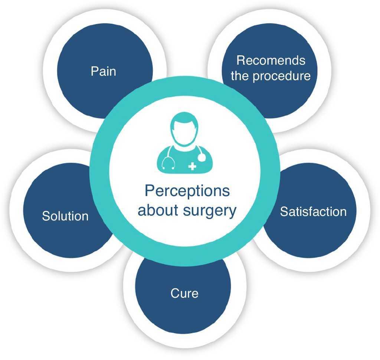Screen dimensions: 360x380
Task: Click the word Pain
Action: click(x=104, y=71)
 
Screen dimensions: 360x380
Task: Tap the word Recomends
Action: click(x=271, y=60)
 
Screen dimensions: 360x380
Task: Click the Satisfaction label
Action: click(x=313, y=211)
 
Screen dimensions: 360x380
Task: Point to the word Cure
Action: click(x=184, y=293)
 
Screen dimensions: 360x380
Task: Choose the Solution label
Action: click(x=65, y=216)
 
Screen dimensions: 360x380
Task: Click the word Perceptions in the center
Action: click(x=187, y=191)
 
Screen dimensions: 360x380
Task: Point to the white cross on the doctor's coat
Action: click(x=192, y=166)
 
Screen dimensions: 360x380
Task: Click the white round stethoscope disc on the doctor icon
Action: click(x=202, y=158)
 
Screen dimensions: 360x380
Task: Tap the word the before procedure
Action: click(x=240, y=76)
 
